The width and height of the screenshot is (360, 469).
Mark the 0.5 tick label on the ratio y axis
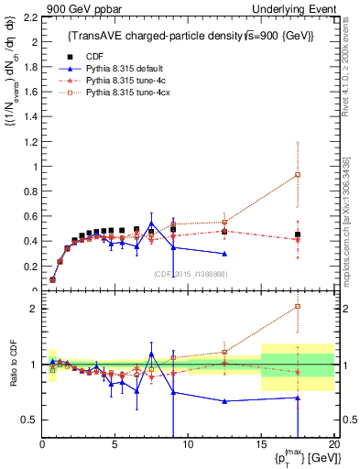click(x=27, y=420)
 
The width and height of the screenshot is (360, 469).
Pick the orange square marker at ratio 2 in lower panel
click(x=298, y=307)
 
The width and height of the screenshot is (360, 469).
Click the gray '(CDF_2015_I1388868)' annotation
click(x=189, y=274)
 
